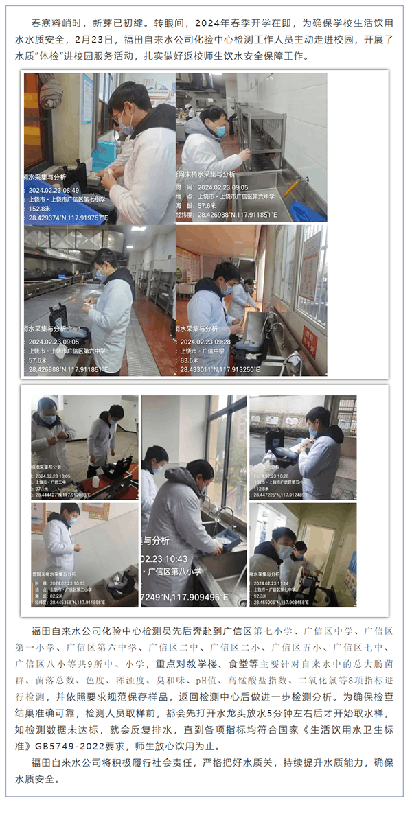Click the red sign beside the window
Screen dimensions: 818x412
click(310, 338)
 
